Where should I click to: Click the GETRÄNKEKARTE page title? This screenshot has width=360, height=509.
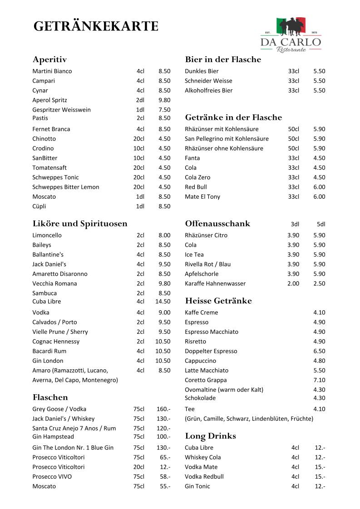(x=96, y=27)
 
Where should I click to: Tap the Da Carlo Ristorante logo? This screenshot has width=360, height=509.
(x=291, y=34)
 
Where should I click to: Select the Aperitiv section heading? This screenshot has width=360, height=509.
(x=50, y=59)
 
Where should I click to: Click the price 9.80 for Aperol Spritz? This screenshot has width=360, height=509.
(x=164, y=100)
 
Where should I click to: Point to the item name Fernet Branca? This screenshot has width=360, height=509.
(x=51, y=129)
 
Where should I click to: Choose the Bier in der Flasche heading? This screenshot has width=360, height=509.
(x=223, y=59)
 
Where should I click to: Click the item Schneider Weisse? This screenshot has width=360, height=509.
(x=208, y=81)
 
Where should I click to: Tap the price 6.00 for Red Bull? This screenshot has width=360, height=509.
(x=319, y=187)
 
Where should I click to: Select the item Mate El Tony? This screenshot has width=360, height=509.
(x=202, y=197)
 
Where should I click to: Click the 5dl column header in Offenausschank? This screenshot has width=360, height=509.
(x=321, y=224)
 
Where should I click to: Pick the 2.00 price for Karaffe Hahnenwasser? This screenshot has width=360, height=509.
(x=293, y=284)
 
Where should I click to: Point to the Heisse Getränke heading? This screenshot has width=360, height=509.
(x=218, y=301)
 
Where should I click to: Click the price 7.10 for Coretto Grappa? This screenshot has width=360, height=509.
(x=319, y=380)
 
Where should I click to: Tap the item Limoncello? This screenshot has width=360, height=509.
(x=47, y=235)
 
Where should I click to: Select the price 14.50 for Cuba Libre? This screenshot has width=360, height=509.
(x=163, y=302)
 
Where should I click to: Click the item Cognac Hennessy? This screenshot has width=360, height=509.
(x=56, y=342)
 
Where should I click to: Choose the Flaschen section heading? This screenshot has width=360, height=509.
(x=50, y=397)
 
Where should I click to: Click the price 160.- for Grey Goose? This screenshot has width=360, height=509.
(x=163, y=409)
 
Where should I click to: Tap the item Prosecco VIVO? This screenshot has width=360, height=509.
(x=52, y=477)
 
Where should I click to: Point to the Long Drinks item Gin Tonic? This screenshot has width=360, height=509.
(x=197, y=486)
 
